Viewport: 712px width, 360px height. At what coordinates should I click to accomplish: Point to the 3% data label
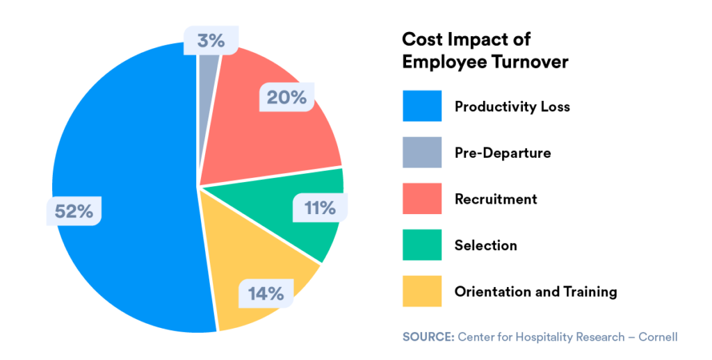[x=211, y=41]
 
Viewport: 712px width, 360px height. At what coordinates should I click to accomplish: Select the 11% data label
[x=319, y=207]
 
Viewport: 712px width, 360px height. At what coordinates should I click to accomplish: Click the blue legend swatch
[x=422, y=106]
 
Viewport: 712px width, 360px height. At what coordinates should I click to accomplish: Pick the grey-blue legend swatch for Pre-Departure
[x=422, y=152]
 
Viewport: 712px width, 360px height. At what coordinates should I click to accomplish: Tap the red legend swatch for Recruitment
[x=422, y=199]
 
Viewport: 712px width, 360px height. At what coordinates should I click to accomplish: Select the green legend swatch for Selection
[x=422, y=245]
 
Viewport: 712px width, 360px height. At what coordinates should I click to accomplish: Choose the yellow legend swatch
[x=422, y=291]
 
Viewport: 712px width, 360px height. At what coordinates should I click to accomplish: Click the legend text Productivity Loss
[x=512, y=106]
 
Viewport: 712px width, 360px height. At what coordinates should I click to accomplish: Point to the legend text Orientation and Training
[x=535, y=291]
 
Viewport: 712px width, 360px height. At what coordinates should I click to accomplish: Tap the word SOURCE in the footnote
[x=427, y=337]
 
